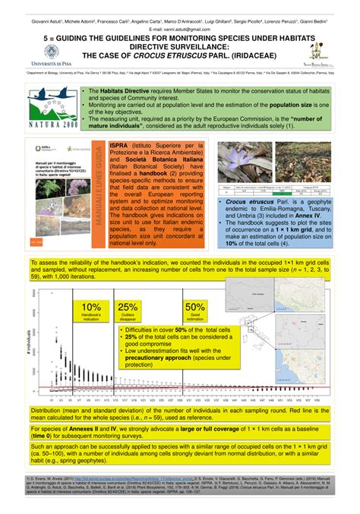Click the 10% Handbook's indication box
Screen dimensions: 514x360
92,312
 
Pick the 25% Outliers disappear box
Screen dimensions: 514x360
128,312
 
